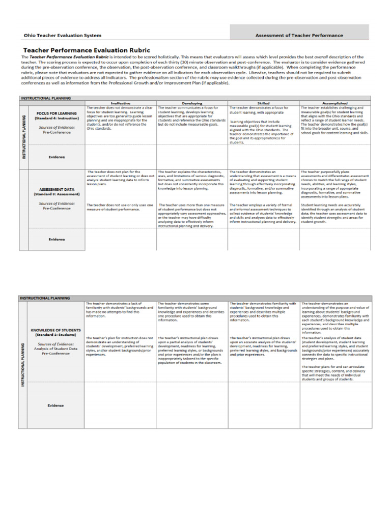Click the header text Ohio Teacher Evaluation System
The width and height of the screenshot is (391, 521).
point(62,36)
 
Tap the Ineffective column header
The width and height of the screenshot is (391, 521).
point(120,103)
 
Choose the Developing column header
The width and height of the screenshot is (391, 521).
point(191,103)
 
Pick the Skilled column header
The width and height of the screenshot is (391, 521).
point(263,103)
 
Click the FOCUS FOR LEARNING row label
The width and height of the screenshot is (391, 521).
point(57,113)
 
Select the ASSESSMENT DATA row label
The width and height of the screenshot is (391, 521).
point(57,189)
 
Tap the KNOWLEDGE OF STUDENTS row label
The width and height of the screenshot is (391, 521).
point(57,330)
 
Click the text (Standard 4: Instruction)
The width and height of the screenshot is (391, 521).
point(57,118)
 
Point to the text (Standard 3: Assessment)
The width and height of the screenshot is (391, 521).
point(57,194)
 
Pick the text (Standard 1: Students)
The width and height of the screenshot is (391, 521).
point(57,335)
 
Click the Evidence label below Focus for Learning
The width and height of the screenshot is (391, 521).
point(57,157)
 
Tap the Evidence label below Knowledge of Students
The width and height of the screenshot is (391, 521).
point(57,405)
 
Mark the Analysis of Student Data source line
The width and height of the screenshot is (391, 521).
point(57,348)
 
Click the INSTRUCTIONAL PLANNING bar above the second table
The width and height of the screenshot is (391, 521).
point(45,298)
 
